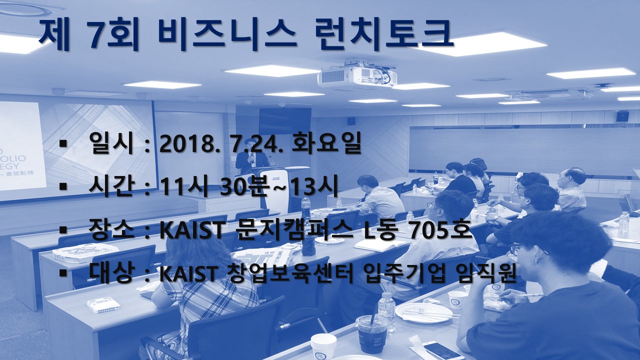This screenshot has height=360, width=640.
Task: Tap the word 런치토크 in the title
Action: coord(384,34)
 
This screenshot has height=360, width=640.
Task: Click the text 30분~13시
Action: coord(279,186)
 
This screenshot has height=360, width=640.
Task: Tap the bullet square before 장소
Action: coord(63,229)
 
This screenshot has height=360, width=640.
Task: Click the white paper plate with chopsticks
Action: coord(423,312)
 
